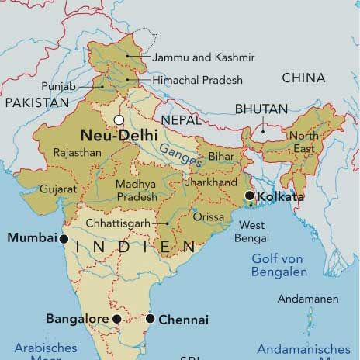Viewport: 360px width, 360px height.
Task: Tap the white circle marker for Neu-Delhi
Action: point(119,119)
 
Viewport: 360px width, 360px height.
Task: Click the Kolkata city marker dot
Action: point(249,196)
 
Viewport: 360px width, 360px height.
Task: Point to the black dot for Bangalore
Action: point(116,319)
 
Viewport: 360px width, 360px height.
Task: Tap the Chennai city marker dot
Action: point(151,319)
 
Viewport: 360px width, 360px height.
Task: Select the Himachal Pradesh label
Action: point(197,80)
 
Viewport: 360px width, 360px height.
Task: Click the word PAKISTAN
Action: point(35,102)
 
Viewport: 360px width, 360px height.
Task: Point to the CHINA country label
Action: point(303,78)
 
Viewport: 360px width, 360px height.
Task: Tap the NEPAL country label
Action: point(182,120)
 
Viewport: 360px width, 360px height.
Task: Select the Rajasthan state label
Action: point(77,153)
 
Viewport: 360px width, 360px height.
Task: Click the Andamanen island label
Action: point(308,299)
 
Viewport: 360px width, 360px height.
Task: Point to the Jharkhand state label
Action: point(210,183)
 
